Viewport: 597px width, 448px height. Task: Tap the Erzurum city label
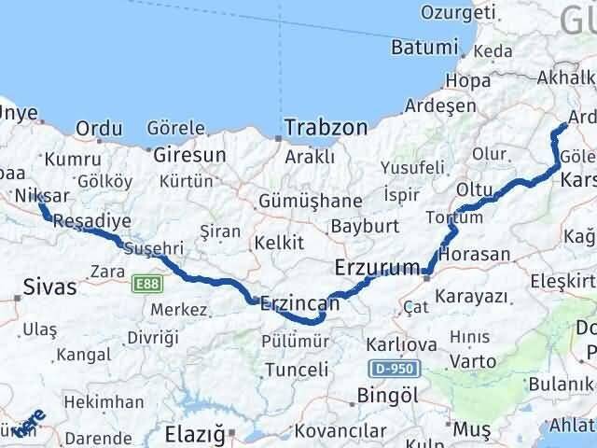[x=378, y=269]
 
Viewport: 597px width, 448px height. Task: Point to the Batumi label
[x=427, y=48]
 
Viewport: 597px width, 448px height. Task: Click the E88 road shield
[x=146, y=281]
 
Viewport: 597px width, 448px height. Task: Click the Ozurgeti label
[x=457, y=12]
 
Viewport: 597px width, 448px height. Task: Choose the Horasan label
[x=479, y=254]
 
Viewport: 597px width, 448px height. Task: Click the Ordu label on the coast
[x=100, y=129]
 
